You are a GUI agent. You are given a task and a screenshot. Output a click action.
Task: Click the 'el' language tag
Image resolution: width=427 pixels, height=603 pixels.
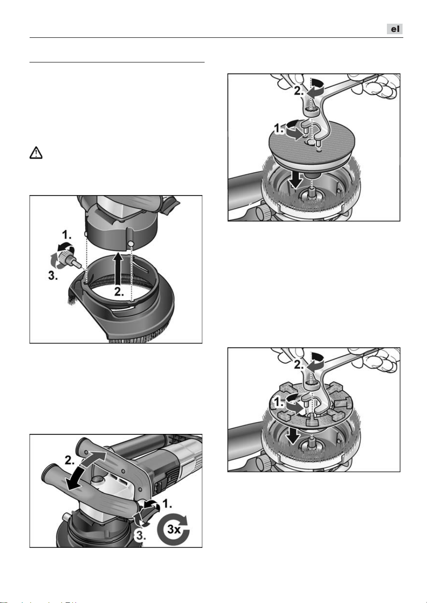395,29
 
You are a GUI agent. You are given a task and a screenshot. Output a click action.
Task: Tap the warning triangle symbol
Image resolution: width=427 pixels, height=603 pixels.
36,153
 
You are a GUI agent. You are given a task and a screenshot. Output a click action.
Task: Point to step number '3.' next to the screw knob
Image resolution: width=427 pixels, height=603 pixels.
53,275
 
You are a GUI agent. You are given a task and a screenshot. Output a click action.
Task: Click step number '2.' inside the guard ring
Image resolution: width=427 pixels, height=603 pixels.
119,292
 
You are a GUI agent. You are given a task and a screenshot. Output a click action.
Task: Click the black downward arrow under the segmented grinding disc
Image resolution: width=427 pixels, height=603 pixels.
293,436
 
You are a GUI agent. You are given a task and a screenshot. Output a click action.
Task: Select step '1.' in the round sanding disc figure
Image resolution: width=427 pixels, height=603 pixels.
279,129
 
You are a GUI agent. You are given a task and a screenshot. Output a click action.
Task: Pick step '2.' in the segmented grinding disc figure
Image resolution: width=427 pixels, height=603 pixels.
299,365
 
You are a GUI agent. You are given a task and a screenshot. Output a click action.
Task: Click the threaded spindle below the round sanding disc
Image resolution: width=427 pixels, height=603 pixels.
312,193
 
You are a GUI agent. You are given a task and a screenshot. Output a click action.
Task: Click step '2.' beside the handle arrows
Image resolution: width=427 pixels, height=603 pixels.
70,460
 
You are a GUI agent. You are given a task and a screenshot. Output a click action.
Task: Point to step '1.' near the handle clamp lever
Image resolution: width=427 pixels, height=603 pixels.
167,503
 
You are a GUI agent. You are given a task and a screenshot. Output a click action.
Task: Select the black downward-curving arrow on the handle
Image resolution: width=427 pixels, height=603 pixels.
74,479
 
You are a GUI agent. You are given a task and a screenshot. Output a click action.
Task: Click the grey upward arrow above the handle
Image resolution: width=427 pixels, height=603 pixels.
94,460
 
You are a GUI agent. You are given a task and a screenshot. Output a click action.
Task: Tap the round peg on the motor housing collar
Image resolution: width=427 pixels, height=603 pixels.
131,243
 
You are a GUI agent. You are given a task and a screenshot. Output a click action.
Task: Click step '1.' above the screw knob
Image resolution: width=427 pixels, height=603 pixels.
67,235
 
